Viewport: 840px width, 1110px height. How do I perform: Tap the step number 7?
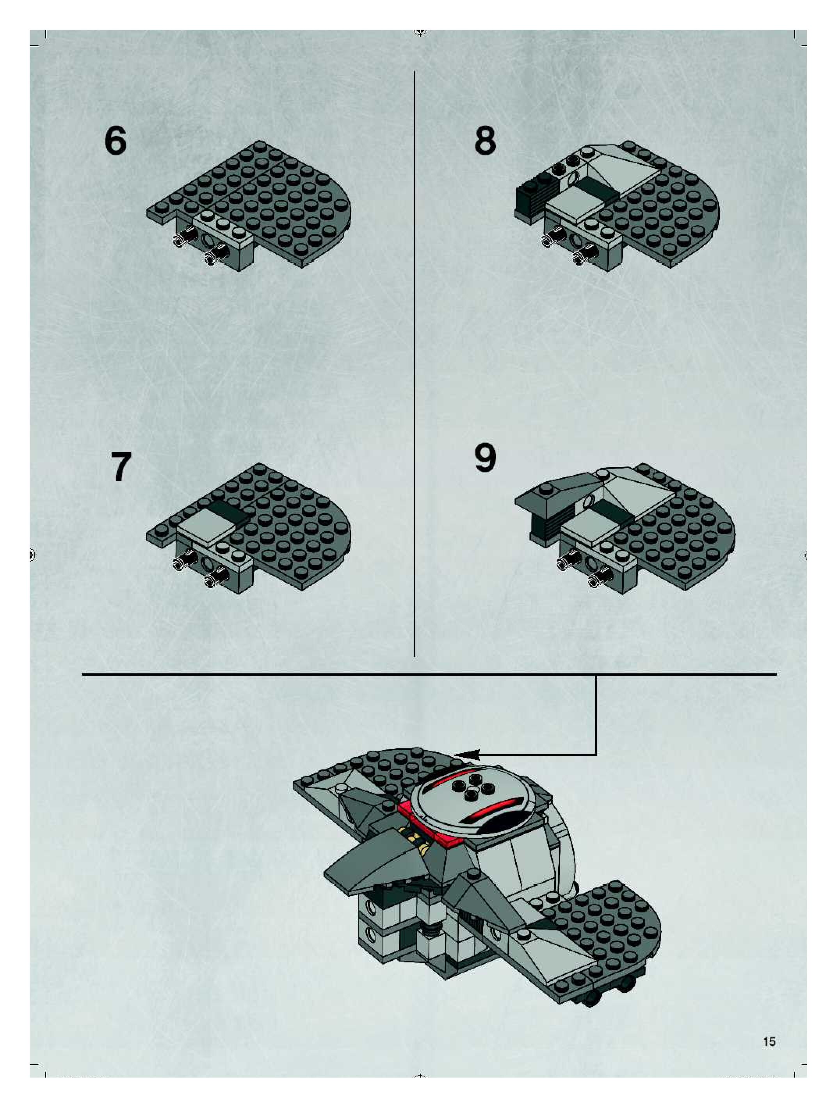tap(121, 467)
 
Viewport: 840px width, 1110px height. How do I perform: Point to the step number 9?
tap(485, 458)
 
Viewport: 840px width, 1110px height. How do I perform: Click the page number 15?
tap(769, 1042)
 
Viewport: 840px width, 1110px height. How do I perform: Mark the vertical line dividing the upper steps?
tap(414, 364)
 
